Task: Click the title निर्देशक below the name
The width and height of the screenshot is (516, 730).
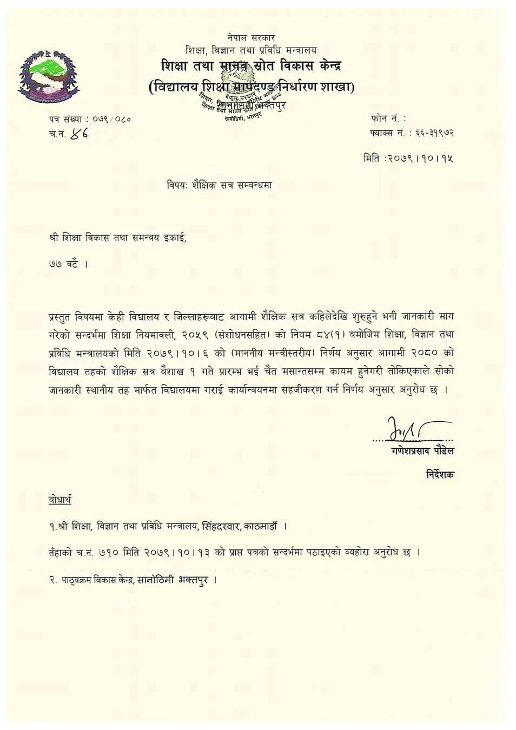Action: [x=440, y=474]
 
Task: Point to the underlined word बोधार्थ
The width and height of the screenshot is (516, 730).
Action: [x=59, y=499]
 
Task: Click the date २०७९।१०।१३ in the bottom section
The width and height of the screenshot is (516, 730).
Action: [x=178, y=553]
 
